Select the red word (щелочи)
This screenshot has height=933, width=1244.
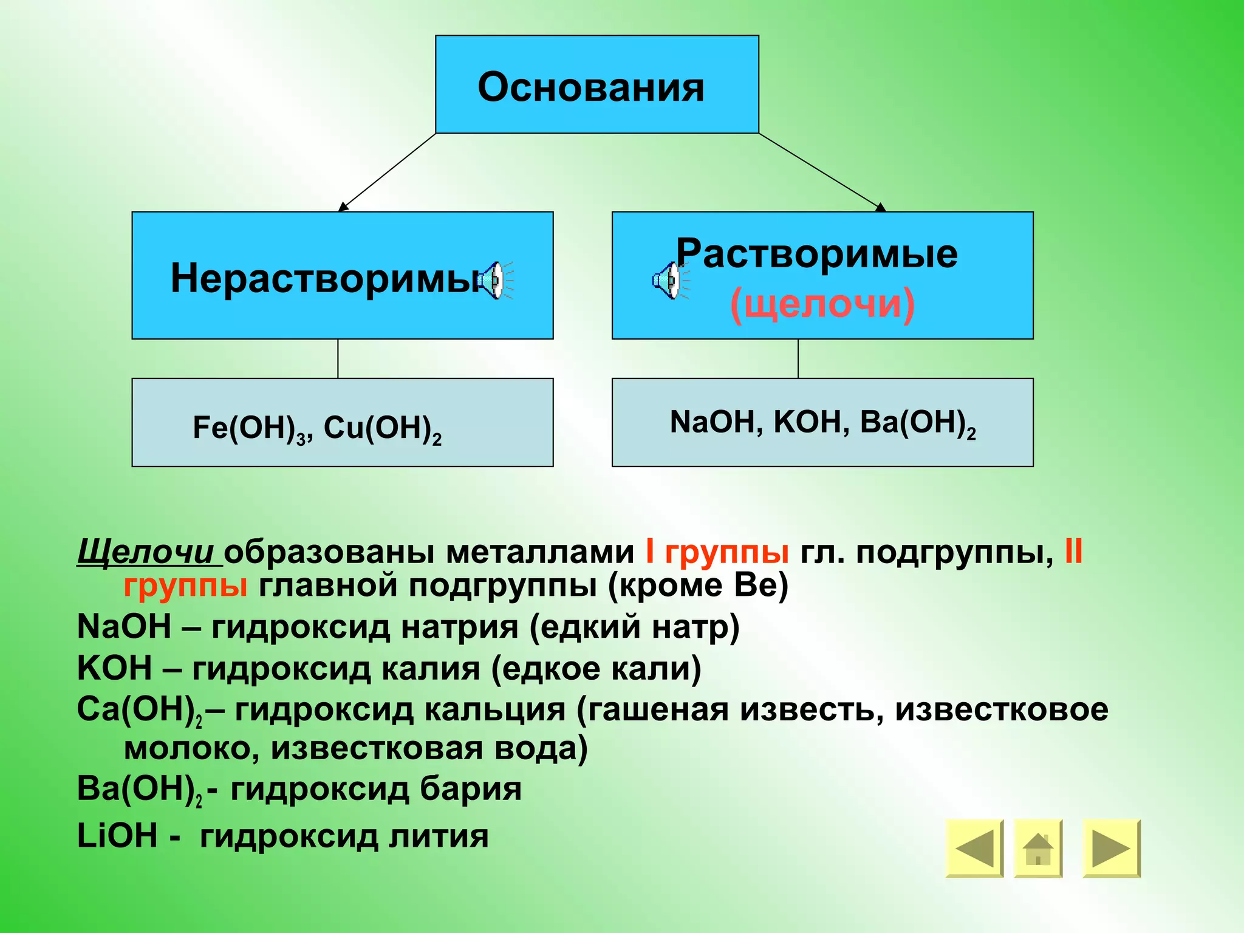[x=822, y=303]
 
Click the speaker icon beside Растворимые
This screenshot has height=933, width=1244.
[x=669, y=281]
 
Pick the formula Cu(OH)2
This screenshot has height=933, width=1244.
[x=382, y=428]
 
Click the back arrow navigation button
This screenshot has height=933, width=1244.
[x=974, y=848]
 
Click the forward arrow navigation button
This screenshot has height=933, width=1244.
[x=1111, y=848]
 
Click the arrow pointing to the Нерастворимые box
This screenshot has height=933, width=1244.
[x=387, y=173]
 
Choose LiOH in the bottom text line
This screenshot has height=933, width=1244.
[x=117, y=836]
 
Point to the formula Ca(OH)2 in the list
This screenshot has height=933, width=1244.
[x=139, y=709]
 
